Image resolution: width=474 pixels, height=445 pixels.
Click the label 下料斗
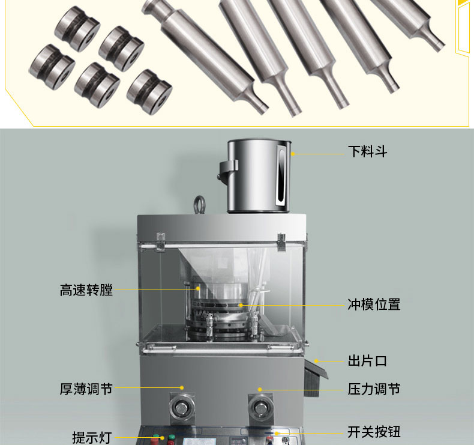[x=367, y=151]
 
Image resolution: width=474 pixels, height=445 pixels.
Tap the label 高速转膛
[x=86, y=290]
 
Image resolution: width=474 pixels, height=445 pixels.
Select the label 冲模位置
[x=374, y=304]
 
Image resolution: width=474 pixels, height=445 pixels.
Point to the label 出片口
[x=367, y=361]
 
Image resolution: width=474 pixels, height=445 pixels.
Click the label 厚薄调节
[x=86, y=389]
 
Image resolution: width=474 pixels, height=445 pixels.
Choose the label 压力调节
[x=374, y=389]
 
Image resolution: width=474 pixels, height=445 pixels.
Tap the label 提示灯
[x=92, y=438]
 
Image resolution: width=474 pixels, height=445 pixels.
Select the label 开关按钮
[x=374, y=432]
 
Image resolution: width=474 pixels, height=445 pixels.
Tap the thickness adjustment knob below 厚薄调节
[x=182, y=408]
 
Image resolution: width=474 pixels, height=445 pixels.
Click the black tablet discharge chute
[x=314, y=377]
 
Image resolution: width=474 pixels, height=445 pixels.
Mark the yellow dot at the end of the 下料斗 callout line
[x=293, y=154]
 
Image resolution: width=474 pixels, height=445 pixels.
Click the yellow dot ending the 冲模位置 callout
[x=241, y=305]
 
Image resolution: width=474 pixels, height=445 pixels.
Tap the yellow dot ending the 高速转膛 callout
[x=198, y=289]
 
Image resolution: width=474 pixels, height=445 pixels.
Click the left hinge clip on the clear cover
[x=161, y=241]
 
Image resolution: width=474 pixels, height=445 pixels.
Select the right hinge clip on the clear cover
[x=282, y=241]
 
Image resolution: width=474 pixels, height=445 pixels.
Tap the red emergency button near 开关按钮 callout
[x=270, y=439]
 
